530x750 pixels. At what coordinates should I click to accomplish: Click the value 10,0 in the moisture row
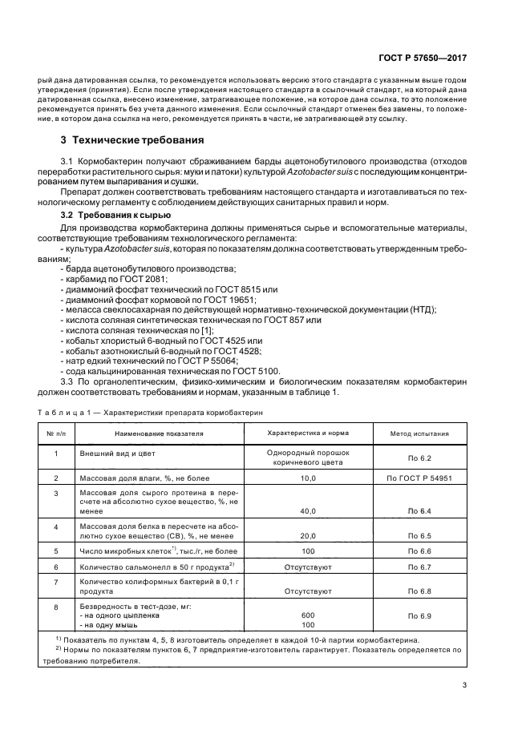pos(308,478)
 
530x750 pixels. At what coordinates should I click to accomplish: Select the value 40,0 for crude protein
pos(308,510)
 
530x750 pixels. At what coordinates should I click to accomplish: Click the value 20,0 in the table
pos(308,536)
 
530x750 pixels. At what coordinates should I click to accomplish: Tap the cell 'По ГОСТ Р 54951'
pos(419,478)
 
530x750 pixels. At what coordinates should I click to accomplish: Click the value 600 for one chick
pos(308,615)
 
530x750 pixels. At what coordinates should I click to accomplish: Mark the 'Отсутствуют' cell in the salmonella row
pos(308,567)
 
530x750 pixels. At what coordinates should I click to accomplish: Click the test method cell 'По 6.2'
pos(419,458)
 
